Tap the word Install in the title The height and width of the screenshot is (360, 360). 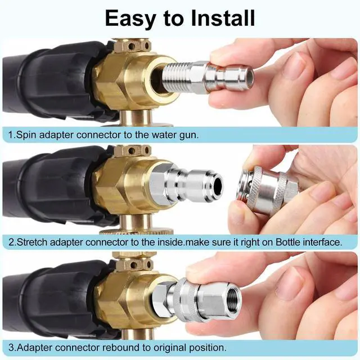[x=223, y=18]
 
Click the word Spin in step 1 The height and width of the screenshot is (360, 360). [x=26, y=135]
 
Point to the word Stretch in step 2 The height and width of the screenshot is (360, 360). [x=32, y=242]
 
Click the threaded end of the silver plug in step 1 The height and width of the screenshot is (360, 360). [x=174, y=77]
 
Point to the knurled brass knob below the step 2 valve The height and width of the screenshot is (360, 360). [x=136, y=231]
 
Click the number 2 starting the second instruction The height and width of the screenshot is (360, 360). [x=11, y=242]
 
